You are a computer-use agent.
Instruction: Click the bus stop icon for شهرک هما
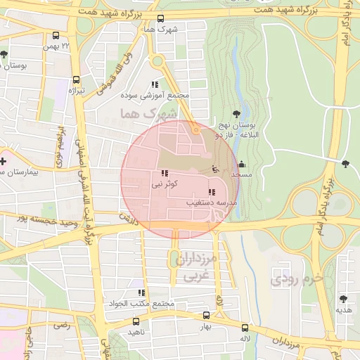pyautogui.click(x=161, y=19)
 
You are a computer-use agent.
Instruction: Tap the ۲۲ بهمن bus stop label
pyautogui.click(x=77, y=46)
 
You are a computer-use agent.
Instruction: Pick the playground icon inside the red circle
pyautogui.click(x=215, y=169)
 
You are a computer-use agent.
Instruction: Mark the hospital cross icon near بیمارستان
pyautogui.click(x=4, y=161)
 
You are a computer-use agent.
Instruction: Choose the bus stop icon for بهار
pyautogui.click(x=206, y=316)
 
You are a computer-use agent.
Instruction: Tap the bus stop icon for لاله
pyautogui.click(x=245, y=328)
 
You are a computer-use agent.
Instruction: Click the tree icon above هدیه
pyautogui.click(x=343, y=298)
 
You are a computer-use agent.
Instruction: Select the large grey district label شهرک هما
pyautogui.click(x=141, y=112)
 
